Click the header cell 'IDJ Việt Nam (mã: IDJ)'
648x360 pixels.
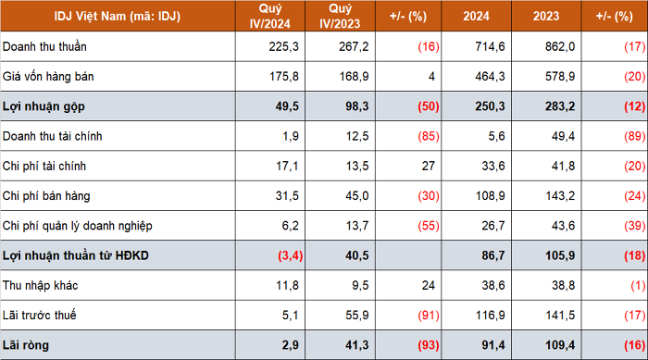click(118, 16)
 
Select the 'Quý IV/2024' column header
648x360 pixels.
click(270, 16)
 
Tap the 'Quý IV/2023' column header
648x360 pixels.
click(340, 16)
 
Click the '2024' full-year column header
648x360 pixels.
click(476, 16)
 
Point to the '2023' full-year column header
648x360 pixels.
click(546, 16)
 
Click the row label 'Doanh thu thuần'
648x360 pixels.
click(44, 46)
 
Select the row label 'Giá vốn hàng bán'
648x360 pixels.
click(48, 77)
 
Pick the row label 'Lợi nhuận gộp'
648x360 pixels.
click(44, 106)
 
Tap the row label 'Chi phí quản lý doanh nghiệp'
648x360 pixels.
click(77, 226)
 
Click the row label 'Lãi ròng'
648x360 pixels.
click(26, 345)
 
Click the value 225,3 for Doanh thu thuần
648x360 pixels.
click(283, 46)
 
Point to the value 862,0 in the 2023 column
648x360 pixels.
click(560, 46)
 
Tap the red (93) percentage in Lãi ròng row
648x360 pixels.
click(428, 345)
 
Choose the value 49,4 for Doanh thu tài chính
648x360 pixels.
click(563, 136)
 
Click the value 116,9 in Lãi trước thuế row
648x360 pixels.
click(490, 316)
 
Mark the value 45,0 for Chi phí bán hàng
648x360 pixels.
click(357, 196)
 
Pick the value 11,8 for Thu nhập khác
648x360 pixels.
click(287, 286)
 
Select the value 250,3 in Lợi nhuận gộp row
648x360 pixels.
click(490, 106)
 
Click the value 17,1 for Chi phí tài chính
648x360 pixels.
click(287, 167)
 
